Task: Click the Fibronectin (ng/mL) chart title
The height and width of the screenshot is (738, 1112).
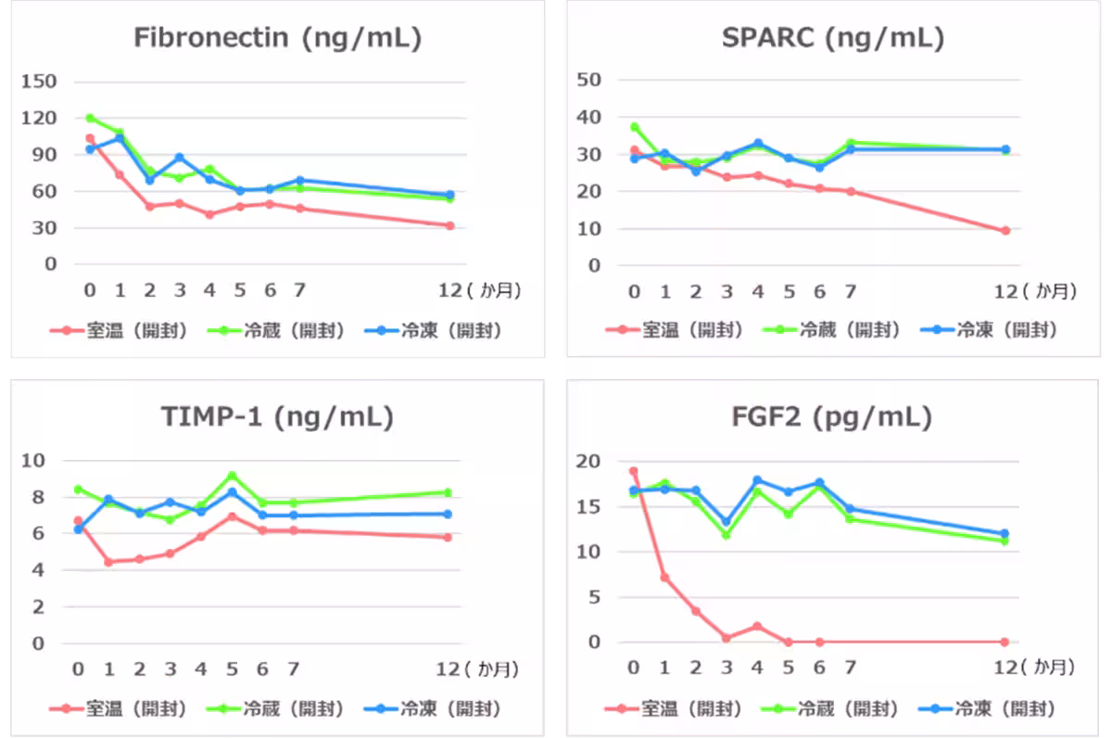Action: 277,38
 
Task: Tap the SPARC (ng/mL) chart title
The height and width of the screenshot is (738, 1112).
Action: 832,38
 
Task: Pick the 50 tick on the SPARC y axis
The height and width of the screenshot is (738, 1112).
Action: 589,80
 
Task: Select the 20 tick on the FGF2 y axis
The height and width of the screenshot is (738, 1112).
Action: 589,462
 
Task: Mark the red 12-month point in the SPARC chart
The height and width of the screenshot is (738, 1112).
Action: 1005,231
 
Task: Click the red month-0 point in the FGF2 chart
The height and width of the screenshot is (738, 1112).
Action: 634,471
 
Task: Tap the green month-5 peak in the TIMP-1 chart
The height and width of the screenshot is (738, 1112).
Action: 232,476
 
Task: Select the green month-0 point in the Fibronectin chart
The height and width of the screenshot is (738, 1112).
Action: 90,118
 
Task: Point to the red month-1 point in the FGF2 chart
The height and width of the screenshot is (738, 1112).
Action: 664,578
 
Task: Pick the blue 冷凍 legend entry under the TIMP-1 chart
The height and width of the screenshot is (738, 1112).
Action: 437,709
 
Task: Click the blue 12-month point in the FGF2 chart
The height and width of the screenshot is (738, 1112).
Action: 1005,534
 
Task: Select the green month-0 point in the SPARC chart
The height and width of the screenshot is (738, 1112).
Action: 634,127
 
